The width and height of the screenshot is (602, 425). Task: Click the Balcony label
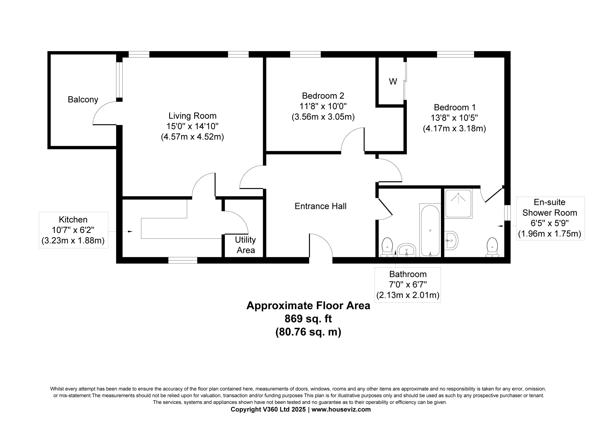click(83, 100)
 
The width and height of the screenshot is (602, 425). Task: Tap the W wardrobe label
click(393, 82)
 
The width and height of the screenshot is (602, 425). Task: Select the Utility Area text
click(246, 245)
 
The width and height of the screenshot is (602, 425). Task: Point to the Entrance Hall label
click(321, 206)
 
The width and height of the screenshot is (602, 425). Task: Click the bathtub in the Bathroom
click(430, 230)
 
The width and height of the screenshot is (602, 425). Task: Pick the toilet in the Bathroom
click(387, 247)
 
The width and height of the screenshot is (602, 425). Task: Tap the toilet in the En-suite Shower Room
click(492, 247)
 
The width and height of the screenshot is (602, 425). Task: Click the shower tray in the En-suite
click(458, 204)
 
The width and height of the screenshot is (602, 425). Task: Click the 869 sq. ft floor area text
click(308, 319)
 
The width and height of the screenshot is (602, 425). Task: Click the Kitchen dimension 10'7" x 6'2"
click(73, 230)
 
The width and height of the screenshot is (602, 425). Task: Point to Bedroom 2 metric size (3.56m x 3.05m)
click(323, 117)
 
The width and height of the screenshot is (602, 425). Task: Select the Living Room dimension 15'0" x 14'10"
click(192, 126)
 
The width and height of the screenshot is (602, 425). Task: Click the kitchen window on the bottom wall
click(183, 260)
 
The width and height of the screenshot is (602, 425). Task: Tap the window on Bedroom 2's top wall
click(305, 54)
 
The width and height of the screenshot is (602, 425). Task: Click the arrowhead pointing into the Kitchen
click(130, 231)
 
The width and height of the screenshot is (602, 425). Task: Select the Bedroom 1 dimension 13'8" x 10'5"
click(454, 118)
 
